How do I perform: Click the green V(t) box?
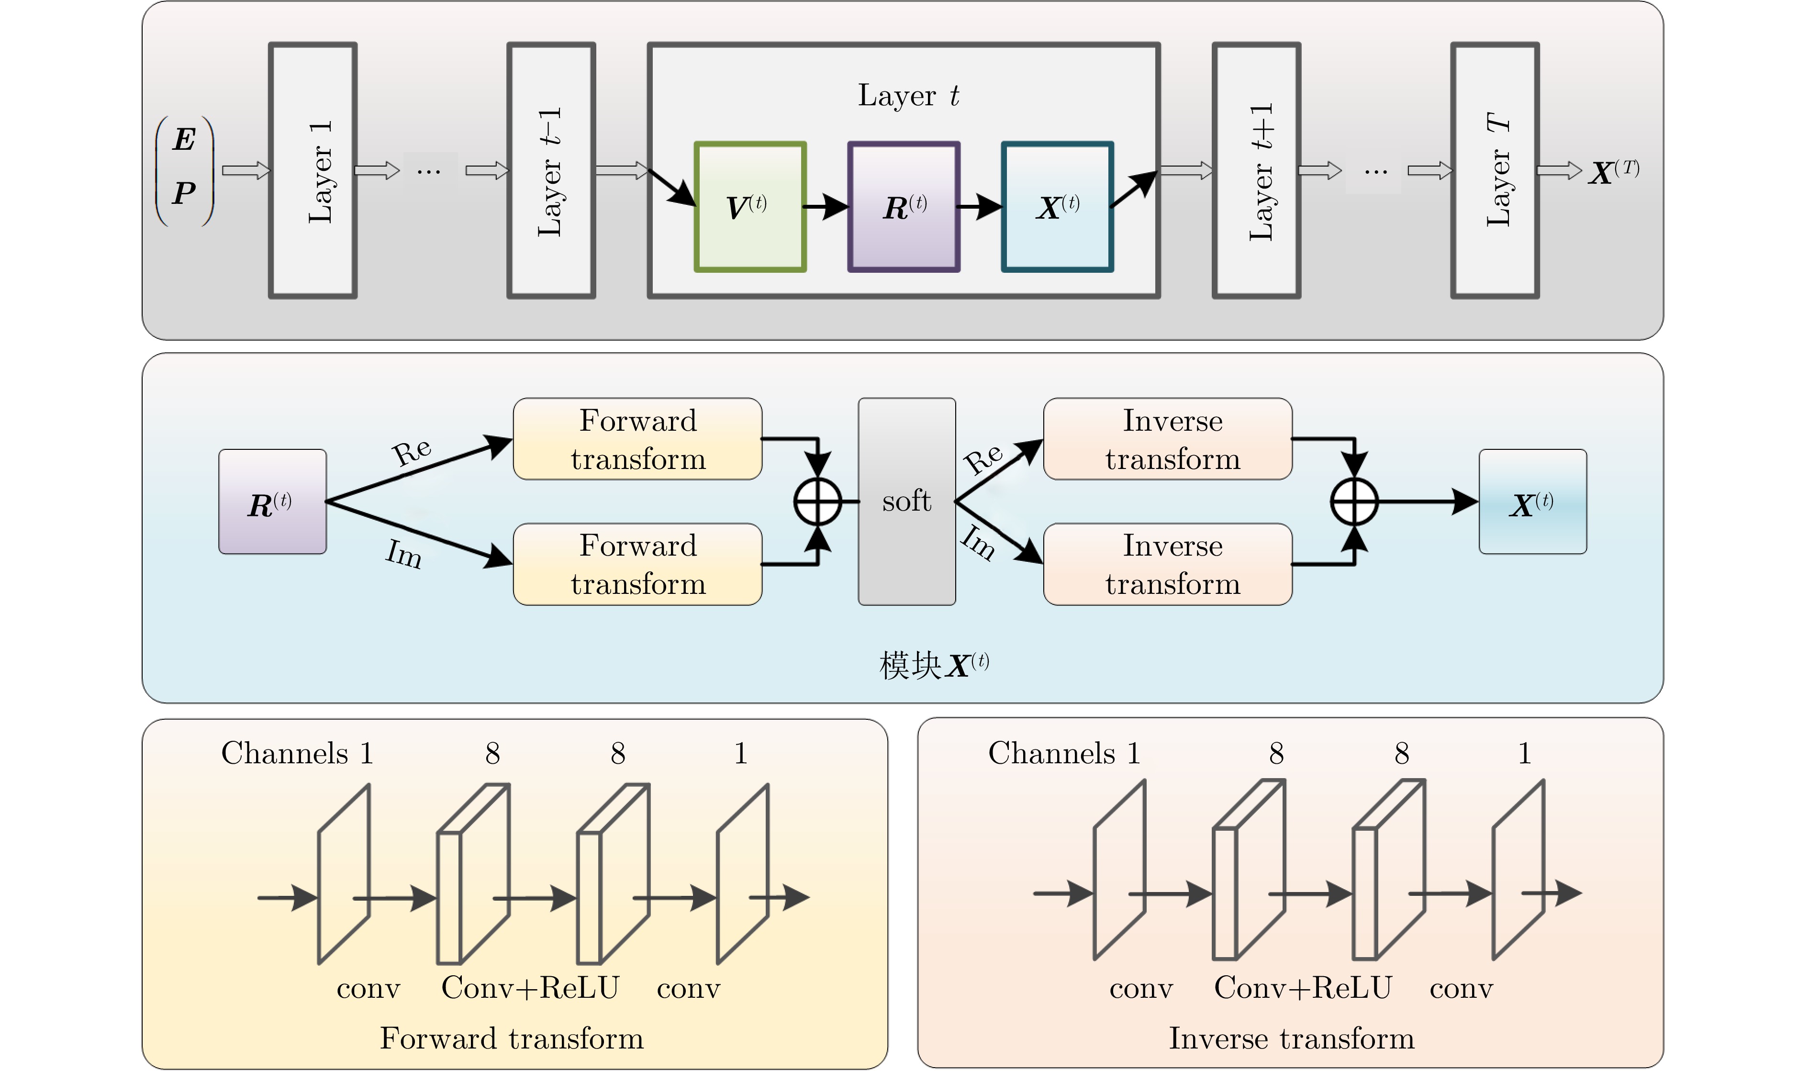750,207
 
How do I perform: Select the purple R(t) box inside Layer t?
904,207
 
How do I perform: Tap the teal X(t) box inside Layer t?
1057,207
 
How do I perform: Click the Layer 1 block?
313,170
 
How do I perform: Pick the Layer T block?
1495,170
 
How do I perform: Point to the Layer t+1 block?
1256,170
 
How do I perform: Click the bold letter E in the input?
185,139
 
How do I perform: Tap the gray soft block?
906,501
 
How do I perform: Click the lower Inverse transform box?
1168,564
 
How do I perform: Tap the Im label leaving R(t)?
403,554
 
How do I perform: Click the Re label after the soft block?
983,458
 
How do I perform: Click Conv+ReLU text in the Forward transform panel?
530,987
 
